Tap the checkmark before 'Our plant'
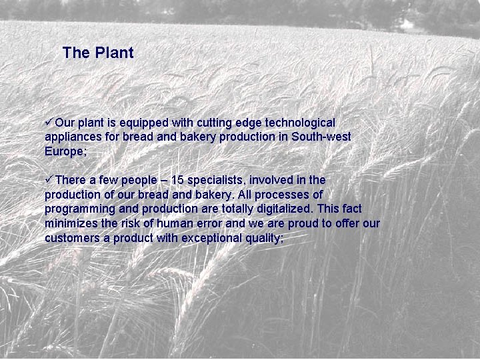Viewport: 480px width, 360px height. coord(49,122)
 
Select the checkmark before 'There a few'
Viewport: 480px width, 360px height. coord(49,179)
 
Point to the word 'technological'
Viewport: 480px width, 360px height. coord(300,123)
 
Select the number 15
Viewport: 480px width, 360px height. coord(177,180)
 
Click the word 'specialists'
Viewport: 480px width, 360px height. coord(215,181)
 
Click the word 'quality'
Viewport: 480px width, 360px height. coord(262,239)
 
